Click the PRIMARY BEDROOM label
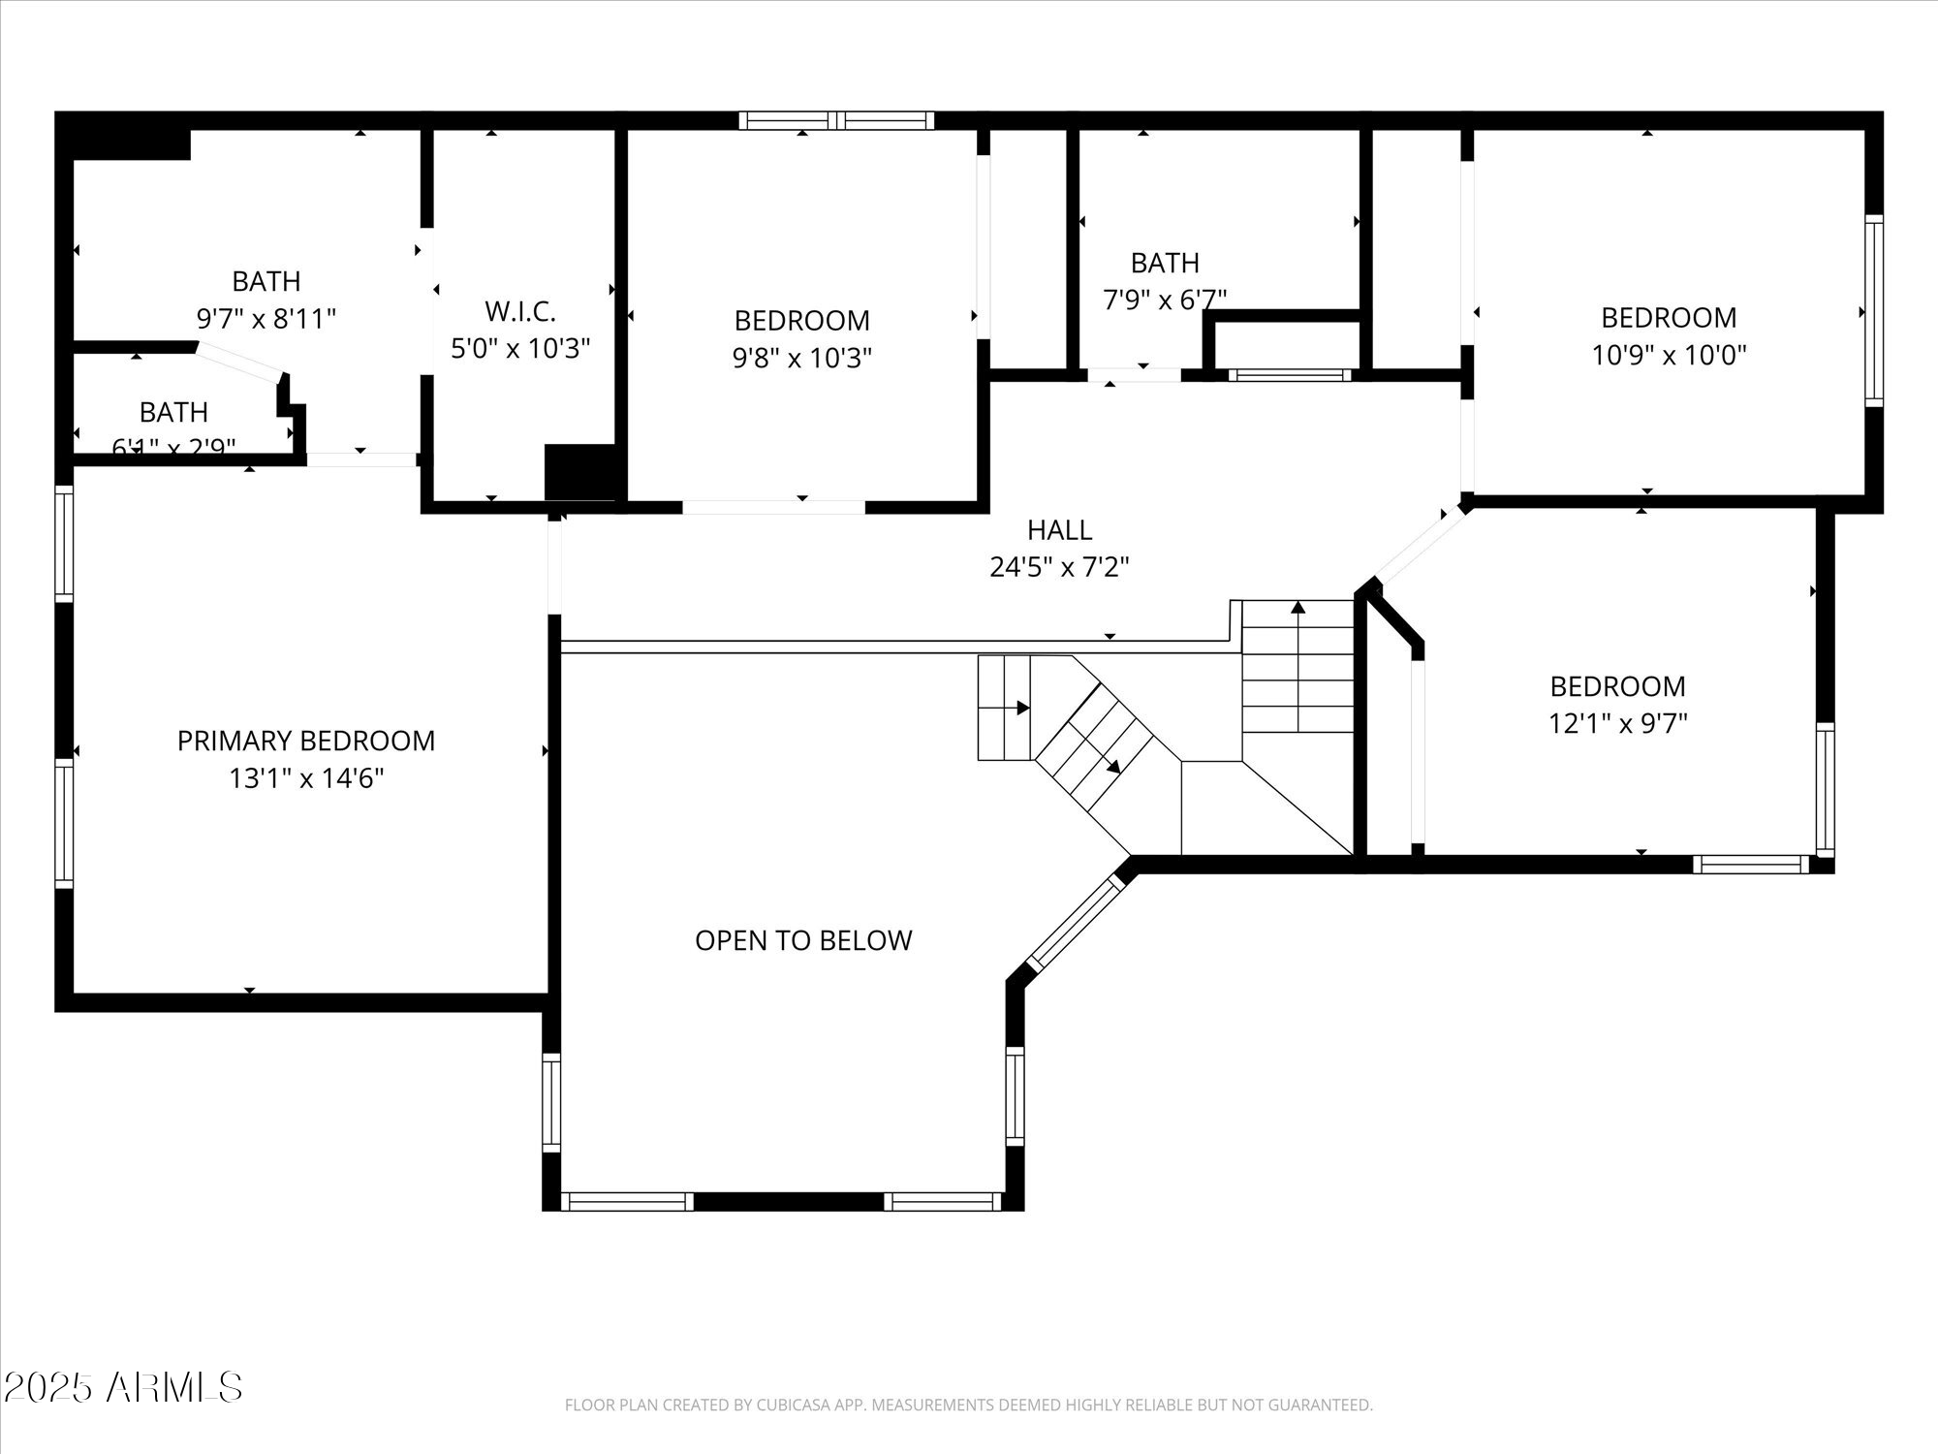pyautogui.click(x=306, y=741)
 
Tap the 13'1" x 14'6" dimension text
pyautogui.click(x=306, y=778)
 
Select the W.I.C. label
pyautogui.click(x=520, y=312)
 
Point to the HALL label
pyautogui.click(x=1059, y=530)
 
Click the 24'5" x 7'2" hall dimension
pyautogui.click(x=1059, y=567)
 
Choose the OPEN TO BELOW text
pyautogui.click(x=803, y=940)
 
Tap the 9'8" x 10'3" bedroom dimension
pyautogui.click(x=801, y=359)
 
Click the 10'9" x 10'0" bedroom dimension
pyautogui.click(x=1669, y=355)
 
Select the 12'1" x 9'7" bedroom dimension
pyautogui.click(x=1617, y=723)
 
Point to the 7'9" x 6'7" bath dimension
pyautogui.click(x=1165, y=300)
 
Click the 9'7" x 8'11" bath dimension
pyautogui.click(x=266, y=319)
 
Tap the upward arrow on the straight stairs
pyautogui.click(x=1298, y=610)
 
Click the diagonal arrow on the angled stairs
pyautogui.click(x=1113, y=766)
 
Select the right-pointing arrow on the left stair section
pyautogui.click(x=1023, y=709)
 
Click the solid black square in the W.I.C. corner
pyautogui.click(x=580, y=473)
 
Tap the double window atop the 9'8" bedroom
pyautogui.click(x=836, y=121)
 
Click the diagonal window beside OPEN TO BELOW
pyautogui.click(x=1073, y=923)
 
